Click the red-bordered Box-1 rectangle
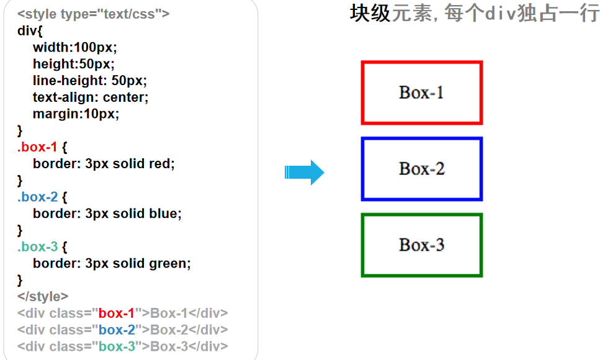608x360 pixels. click(422, 92)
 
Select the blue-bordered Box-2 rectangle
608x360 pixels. click(422, 169)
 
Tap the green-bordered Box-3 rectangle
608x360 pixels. click(422, 245)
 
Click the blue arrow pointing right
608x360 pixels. click(304, 173)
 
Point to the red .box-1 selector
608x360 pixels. click(37, 147)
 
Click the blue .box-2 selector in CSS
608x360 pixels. click(37, 197)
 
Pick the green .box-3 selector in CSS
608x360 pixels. click(37, 246)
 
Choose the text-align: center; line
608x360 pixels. click(91, 97)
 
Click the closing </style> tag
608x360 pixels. click(43, 296)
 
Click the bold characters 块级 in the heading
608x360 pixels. click(370, 13)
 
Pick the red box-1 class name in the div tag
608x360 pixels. click(117, 313)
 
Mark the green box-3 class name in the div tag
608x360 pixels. click(117, 346)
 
